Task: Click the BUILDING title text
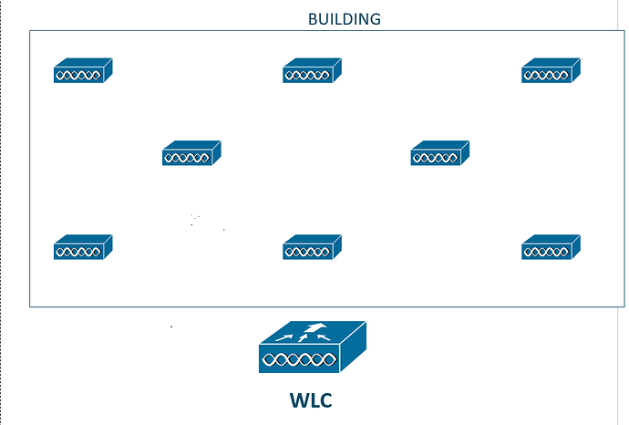click(x=345, y=18)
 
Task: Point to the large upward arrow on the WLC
click(x=314, y=329)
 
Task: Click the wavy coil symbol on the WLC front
click(x=298, y=360)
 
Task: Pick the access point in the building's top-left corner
click(x=82, y=71)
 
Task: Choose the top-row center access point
click(x=312, y=71)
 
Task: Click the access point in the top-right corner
click(x=551, y=71)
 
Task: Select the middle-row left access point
click(x=191, y=153)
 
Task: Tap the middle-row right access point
click(x=439, y=153)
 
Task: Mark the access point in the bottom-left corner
click(x=82, y=247)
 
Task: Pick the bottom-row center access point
click(x=312, y=247)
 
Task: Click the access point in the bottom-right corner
click(x=551, y=247)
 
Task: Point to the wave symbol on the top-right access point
click(x=545, y=77)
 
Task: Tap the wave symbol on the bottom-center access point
click(x=306, y=253)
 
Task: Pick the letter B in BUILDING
click(x=313, y=18)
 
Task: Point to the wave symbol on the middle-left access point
click(x=186, y=159)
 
